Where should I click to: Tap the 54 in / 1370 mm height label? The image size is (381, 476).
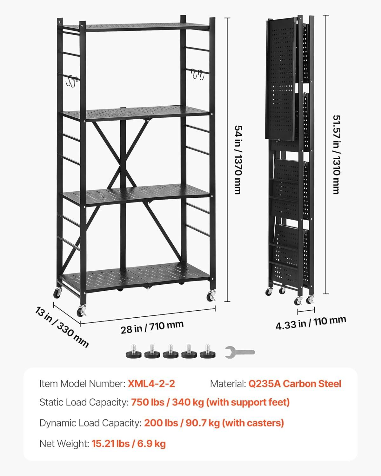point(238,160)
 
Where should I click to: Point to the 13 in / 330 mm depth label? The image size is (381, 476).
point(62,327)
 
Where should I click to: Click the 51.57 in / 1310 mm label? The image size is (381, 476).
point(337,155)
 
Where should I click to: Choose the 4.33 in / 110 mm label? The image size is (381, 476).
point(311,323)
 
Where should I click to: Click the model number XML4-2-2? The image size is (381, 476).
point(151,383)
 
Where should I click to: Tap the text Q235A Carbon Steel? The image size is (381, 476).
point(295,384)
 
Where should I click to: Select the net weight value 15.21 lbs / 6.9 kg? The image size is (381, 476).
point(129,444)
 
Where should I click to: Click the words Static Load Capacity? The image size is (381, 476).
point(84,402)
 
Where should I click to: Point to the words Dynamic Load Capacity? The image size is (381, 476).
point(90,423)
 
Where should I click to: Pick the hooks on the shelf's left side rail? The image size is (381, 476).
point(71,81)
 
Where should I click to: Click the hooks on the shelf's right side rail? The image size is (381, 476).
point(197,74)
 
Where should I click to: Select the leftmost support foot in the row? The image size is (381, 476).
point(133,351)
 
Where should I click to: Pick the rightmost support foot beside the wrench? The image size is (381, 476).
point(208,351)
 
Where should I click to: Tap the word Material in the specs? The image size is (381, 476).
point(228,384)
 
